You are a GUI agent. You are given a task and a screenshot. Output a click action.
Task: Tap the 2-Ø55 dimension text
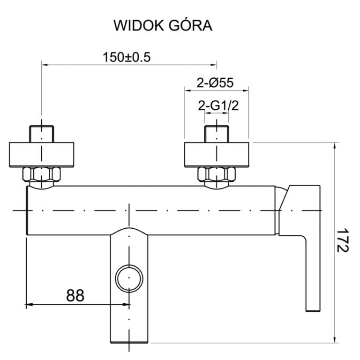[215, 83]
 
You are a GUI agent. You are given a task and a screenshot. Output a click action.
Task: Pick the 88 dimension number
[75, 295]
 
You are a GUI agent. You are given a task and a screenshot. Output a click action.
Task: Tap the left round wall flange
[42, 154]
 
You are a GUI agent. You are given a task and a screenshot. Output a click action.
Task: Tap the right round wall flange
[216, 154]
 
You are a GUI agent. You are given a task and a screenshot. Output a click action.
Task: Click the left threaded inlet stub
[42, 133]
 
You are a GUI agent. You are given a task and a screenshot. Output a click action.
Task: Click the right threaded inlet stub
[216, 133]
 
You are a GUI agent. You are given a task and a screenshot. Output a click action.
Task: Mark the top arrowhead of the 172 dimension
[334, 146]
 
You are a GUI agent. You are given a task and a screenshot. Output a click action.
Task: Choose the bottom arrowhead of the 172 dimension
[334, 338]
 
